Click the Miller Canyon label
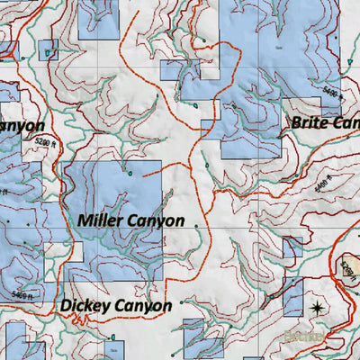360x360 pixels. click(x=130, y=220)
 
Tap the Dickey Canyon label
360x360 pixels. click(x=116, y=306)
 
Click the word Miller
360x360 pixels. click(x=99, y=220)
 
